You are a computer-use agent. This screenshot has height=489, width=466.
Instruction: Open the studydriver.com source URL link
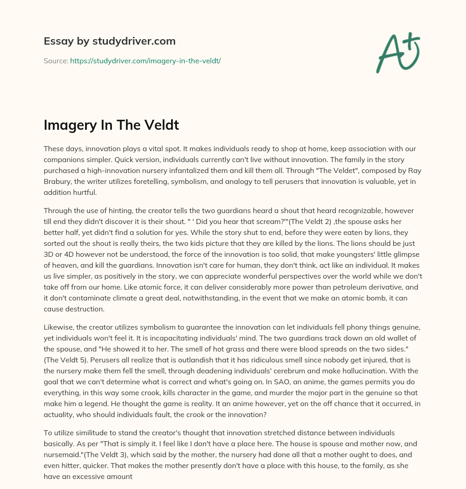coord(145,61)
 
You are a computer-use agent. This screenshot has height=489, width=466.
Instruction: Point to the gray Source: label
coord(56,61)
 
